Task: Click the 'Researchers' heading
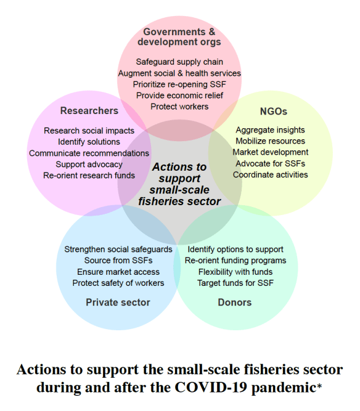pyautogui.click(x=89, y=111)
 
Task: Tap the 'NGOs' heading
pyautogui.click(x=274, y=112)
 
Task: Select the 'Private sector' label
pyautogui.click(x=118, y=302)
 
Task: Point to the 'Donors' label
pyautogui.click(x=234, y=302)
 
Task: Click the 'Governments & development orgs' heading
pyautogui.click(x=182, y=36)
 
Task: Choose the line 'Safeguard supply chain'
pyautogui.click(x=179, y=62)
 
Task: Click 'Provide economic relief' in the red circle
pyautogui.click(x=179, y=95)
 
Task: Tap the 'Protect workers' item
pyautogui.click(x=179, y=106)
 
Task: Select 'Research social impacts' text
pyautogui.click(x=89, y=131)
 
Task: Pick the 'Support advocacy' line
pyautogui.click(x=89, y=164)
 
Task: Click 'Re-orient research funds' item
pyautogui.click(x=89, y=175)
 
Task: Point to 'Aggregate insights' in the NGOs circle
pyautogui.click(x=270, y=130)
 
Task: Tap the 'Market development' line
pyautogui.click(x=270, y=152)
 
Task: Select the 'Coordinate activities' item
pyautogui.click(x=270, y=174)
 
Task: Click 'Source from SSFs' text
pyautogui.click(x=118, y=261)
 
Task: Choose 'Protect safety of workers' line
pyautogui.click(x=118, y=283)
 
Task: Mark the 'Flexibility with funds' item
pyautogui.click(x=235, y=272)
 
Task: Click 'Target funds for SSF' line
pyautogui.click(x=235, y=283)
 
